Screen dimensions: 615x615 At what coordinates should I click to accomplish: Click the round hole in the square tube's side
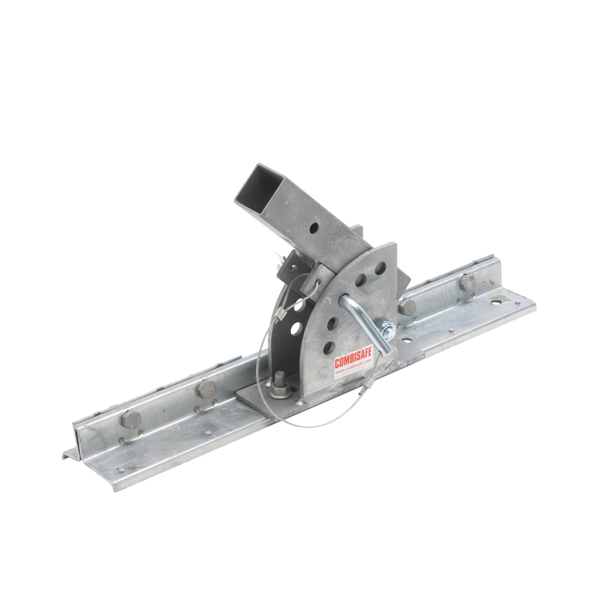[314, 227]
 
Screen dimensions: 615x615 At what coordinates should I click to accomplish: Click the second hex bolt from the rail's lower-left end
[207, 389]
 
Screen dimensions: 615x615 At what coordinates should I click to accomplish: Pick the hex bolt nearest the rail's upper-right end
[468, 282]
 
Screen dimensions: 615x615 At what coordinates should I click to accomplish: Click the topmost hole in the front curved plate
[380, 268]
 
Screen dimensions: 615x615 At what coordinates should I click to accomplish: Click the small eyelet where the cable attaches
[317, 281]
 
